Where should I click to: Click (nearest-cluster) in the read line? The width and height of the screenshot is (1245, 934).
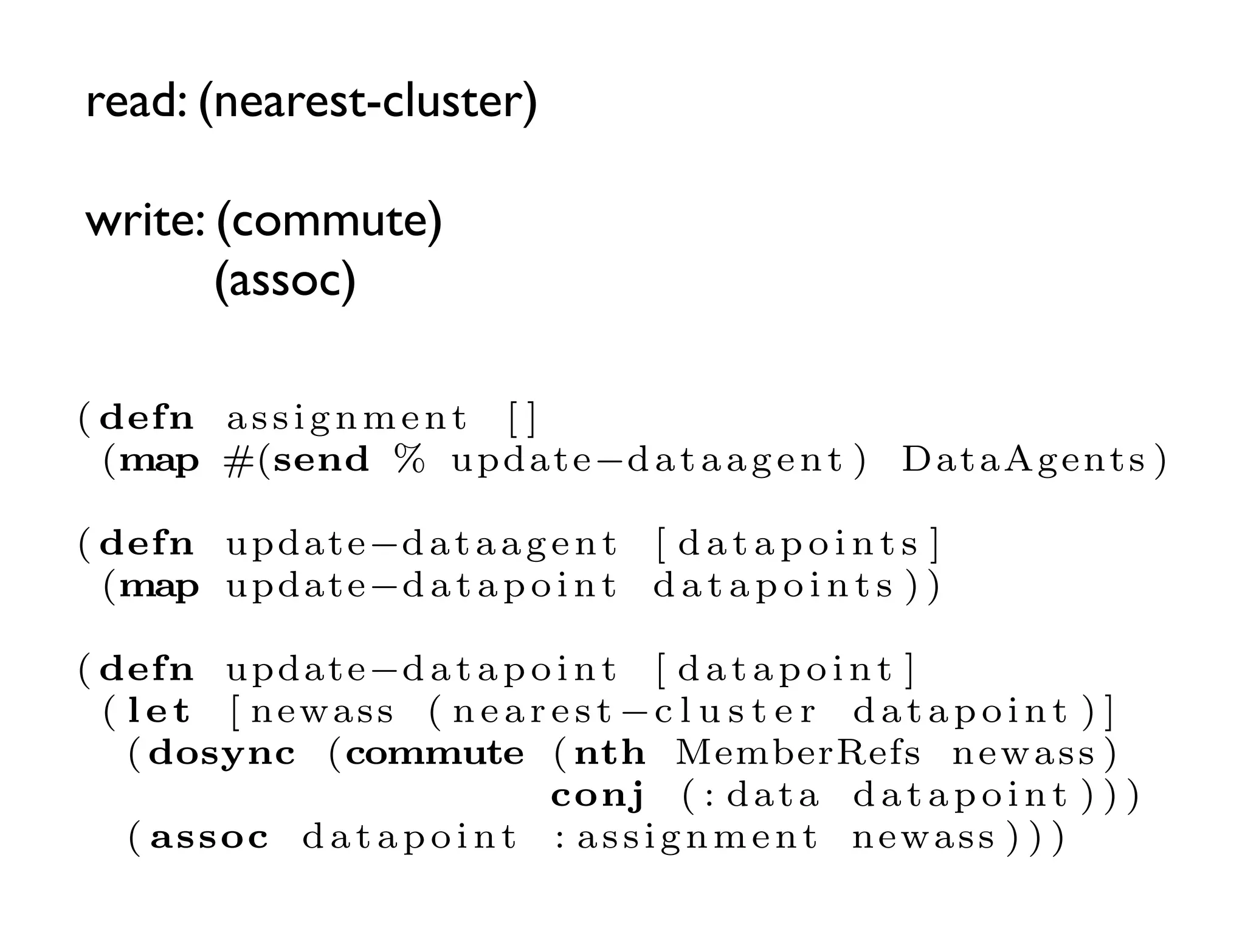368,102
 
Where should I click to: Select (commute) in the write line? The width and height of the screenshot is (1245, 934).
329,221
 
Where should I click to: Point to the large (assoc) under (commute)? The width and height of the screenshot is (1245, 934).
285,280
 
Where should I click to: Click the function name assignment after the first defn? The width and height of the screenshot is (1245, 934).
347,419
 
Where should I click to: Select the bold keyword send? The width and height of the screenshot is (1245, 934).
321,460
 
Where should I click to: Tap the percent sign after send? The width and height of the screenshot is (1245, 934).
409,459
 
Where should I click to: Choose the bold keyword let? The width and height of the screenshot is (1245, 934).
159,711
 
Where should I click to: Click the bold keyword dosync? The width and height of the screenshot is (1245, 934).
222,754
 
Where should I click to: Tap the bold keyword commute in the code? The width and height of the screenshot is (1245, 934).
435,754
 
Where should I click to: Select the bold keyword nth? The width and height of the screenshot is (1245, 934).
610,753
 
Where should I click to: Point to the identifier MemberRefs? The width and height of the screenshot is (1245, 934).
798,753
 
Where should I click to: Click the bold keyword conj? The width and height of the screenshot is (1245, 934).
598,796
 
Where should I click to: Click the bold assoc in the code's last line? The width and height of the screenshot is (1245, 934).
209,838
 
